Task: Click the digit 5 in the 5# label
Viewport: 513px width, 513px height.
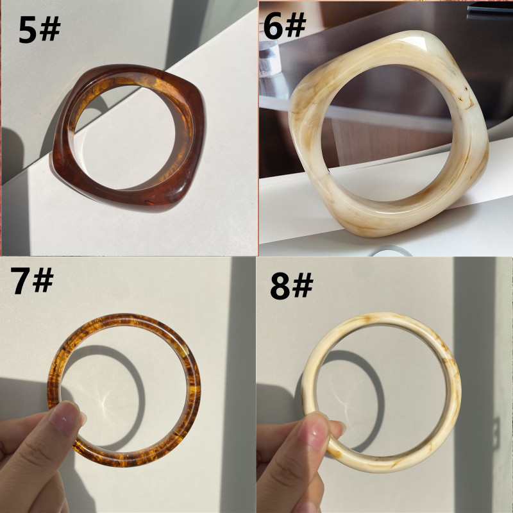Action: (x=28, y=29)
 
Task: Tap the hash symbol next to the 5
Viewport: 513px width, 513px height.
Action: (x=50, y=28)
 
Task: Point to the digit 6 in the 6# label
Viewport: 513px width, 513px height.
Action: (x=273, y=26)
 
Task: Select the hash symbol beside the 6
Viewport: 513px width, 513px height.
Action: (x=296, y=25)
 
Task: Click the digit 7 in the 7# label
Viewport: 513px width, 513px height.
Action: (x=21, y=280)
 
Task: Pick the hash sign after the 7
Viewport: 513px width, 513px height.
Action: (x=43, y=280)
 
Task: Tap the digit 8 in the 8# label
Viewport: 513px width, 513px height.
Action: (x=280, y=287)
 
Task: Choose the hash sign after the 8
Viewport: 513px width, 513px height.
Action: (x=303, y=285)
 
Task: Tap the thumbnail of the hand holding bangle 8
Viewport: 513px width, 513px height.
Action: (x=315, y=431)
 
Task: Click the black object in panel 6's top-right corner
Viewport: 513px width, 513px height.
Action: (x=490, y=12)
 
